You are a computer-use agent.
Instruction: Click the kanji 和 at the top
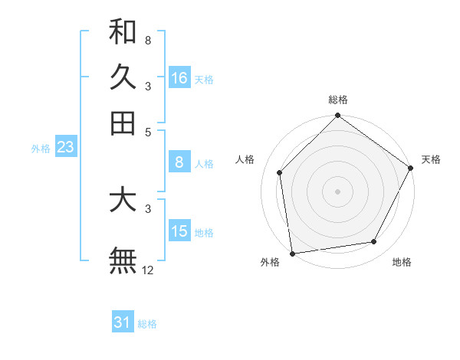(123, 32)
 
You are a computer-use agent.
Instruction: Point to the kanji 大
(123, 200)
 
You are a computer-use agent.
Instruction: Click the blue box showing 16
(179, 78)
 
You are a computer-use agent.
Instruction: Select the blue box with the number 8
(179, 162)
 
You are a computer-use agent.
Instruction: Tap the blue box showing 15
(179, 231)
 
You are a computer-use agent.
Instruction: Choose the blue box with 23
(65, 147)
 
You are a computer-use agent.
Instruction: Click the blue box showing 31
(123, 322)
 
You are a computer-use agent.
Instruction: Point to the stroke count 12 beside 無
(148, 270)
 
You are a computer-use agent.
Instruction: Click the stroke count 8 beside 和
(147, 40)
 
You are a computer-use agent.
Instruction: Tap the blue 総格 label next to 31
(147, 324)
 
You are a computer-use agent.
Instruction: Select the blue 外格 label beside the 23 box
(41, 149)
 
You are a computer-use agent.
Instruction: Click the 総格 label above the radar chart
(338, 100)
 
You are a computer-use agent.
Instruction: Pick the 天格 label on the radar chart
(431, 159)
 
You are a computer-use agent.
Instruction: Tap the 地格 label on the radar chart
(402, 262)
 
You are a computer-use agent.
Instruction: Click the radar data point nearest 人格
(280, 172)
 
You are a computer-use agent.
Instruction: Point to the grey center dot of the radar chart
(338, 191)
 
